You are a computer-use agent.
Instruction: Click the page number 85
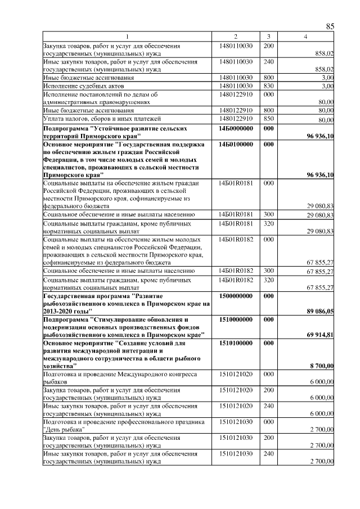[x=330, y=26]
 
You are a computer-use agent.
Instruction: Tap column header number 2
[x=236, y=37]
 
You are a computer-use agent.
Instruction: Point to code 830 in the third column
[x=268, y=85]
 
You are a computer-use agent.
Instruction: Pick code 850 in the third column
[x=268, y=119]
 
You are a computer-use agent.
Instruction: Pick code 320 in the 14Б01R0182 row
[x=268, y=280]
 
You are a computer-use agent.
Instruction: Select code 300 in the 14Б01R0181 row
[x=268, y=215]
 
